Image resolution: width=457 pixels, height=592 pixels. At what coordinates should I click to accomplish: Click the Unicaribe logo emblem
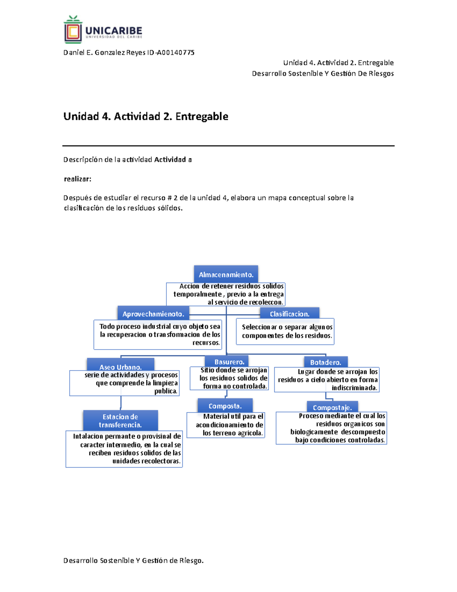pos(73,30)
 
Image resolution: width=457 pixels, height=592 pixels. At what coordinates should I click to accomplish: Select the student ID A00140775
pos(176,53)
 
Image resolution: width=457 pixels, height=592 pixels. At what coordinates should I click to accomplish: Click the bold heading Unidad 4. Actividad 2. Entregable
pos(146,116)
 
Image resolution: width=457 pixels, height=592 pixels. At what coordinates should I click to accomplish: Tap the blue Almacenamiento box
pos(226,274)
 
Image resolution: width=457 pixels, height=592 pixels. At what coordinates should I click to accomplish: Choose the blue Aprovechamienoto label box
pos(153,313)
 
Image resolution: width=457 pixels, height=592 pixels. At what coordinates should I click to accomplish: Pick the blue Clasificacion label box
pos(289,313)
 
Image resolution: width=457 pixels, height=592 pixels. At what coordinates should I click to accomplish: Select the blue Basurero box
pos(229,361)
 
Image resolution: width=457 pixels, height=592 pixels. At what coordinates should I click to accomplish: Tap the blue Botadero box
pos(326,362)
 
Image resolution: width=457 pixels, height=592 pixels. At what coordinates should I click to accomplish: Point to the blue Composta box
pos(225,406)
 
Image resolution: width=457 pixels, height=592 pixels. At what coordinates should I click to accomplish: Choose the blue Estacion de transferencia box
pos(120,420)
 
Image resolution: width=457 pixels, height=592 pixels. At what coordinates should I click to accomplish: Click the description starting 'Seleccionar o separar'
pos(287,331)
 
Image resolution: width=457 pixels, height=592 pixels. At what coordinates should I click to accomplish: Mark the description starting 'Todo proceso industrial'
pos(160,334)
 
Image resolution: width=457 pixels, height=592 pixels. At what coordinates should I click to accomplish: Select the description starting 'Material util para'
pos(229,425)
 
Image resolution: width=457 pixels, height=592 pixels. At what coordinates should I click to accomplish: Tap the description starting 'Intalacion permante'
pos(127,449)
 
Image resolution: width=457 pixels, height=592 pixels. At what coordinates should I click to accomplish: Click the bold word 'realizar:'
pos(78,179)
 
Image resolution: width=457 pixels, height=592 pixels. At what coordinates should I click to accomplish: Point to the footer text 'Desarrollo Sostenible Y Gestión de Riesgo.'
pos(133,560)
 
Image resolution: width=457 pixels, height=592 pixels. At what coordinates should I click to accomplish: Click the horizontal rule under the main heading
pos(228,146)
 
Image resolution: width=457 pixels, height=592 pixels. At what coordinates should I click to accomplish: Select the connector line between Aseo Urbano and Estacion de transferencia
pos(121,403)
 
